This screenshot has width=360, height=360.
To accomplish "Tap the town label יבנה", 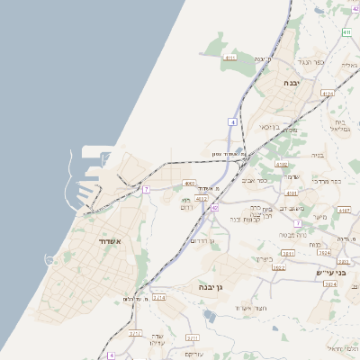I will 292,82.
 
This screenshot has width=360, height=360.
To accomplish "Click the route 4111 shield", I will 230,58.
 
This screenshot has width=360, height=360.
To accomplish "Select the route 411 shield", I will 346,33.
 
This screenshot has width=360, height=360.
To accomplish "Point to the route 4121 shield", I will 328,92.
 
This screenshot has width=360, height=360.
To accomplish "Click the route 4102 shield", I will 282,165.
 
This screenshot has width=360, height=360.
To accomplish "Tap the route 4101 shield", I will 290,193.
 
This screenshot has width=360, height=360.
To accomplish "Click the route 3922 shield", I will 278,267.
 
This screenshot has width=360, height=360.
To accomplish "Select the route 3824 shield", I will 329,283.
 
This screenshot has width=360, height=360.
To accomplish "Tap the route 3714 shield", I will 159,297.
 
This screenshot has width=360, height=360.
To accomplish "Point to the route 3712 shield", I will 135,333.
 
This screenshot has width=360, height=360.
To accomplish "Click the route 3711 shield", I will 192,337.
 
